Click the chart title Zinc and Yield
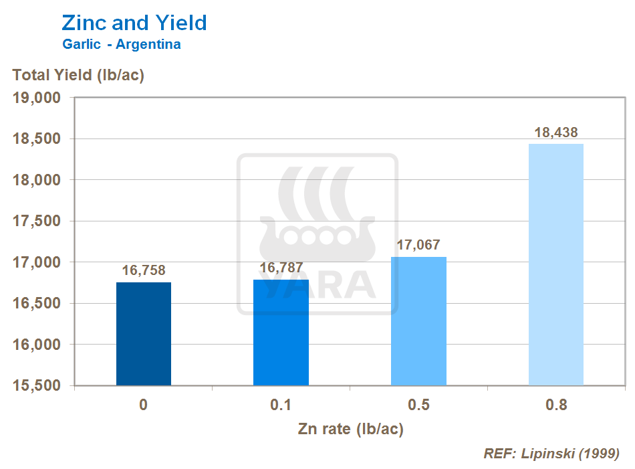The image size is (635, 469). point(134,23)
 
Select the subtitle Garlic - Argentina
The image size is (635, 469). point(121,45)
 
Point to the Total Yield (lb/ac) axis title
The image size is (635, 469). point(78,74)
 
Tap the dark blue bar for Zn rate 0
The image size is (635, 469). point(144,334)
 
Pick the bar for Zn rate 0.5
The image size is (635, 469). point(418,321)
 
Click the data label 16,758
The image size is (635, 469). point(144,271)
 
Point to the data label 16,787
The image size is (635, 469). point(281,268)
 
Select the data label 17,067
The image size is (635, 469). point(418,245)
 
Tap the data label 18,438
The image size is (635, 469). point(555,132)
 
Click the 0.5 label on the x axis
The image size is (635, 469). point(418,405)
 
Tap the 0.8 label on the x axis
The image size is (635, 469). point(555,405)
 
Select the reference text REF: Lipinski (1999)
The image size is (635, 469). point(551,454)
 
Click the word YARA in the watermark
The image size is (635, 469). point(317,284)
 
